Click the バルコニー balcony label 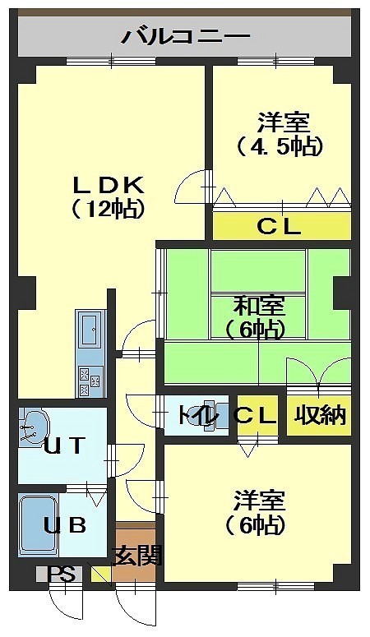tap(186, 37)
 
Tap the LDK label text tap(109, 186)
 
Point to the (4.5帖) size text tap(280, 146)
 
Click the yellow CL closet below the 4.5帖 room tap(282, 226)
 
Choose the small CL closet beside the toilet tap(258, 415)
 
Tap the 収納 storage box tap(319, 415)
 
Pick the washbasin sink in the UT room tap(32, 427)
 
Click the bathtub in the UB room tap(38, 524)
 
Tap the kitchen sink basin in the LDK tap(90, 329)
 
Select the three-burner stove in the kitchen tap(90, 381)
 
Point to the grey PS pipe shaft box tap(59, 575)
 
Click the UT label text tap(64, 446)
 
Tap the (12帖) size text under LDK tap(109, 209)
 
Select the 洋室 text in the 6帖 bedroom tap(259, 501)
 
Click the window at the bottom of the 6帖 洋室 tap(276, 587)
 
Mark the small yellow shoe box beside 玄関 tap(101, 575)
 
